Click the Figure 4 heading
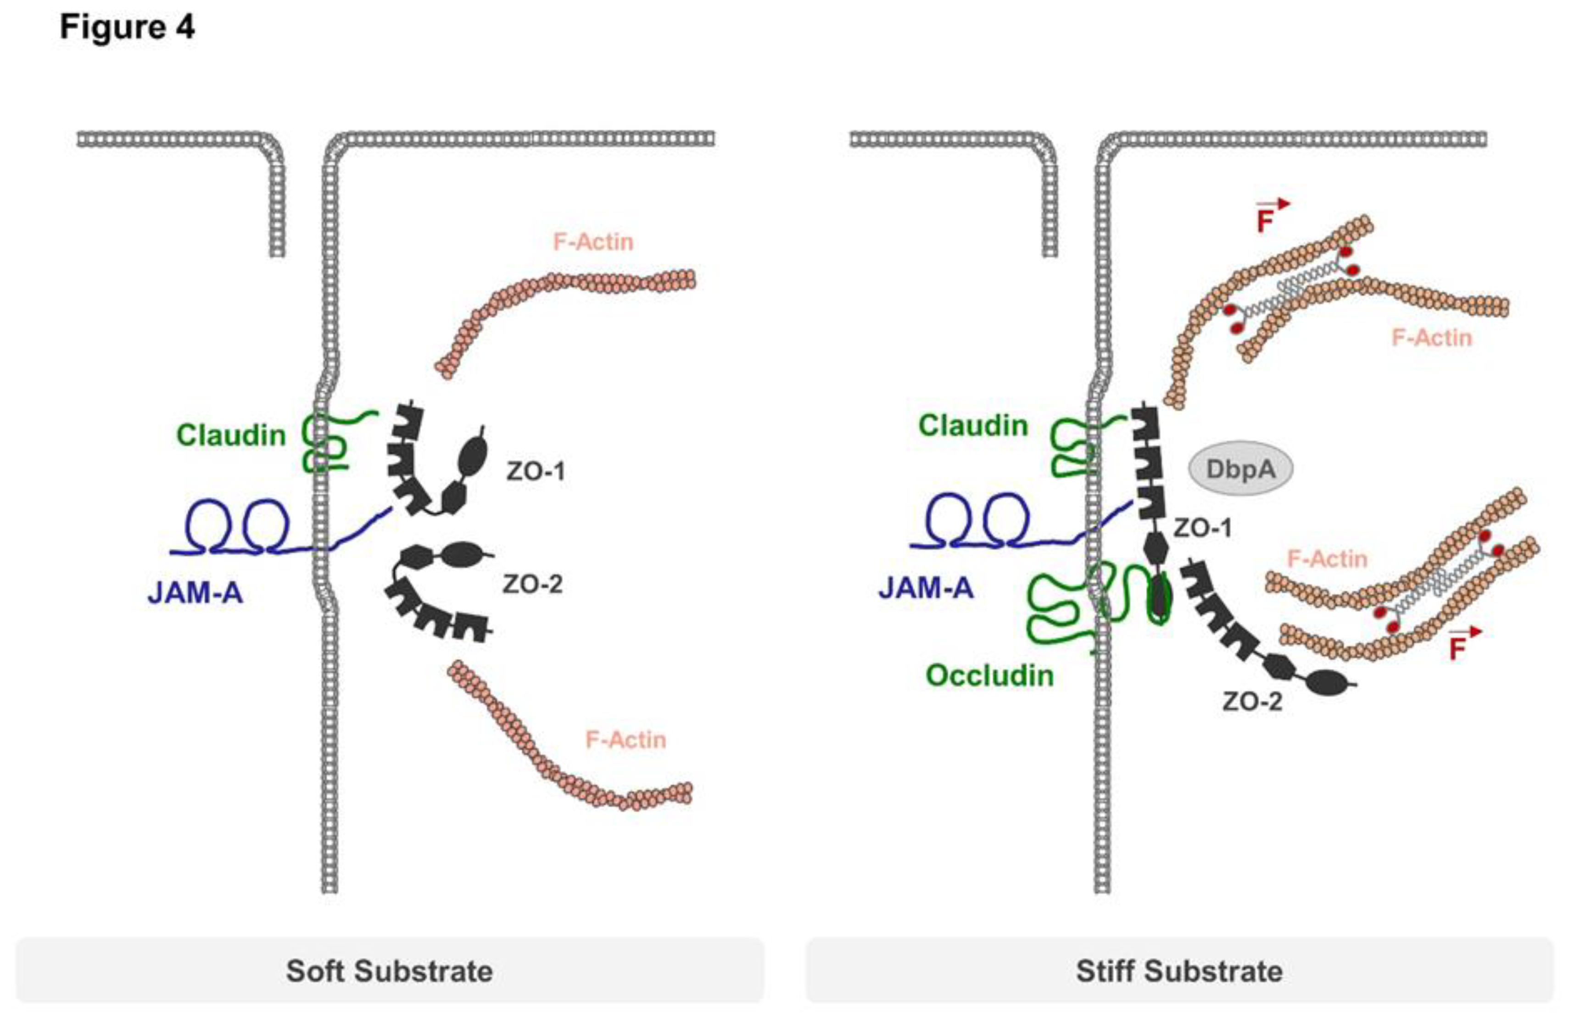pos(127,28)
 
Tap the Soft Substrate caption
pos(389,971)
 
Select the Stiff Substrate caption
pos(1179,971)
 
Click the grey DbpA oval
pos(1240,469)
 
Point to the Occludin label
pos(989,676)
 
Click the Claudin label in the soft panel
pos(231,435)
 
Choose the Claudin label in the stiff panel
pos(973,426)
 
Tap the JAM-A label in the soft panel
pos(195,593)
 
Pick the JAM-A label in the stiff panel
pos(926,587)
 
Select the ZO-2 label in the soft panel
pos(532,584)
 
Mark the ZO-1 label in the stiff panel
pos(1202,528)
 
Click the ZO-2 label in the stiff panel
pos(1252,702)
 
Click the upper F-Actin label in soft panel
pos(592,242)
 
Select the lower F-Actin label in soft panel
pos(625,740)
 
